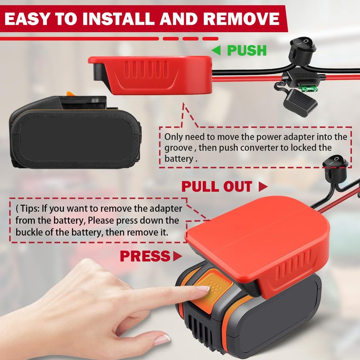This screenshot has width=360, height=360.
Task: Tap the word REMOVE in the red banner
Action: click(241, 18)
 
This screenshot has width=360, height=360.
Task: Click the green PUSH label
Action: click(247, 50)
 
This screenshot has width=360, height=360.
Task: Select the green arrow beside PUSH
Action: click(216, 50)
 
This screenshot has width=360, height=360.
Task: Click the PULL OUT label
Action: click(217, 186)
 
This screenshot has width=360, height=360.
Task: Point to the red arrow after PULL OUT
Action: click(263, 186)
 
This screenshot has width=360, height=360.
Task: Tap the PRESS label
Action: click(145, 256)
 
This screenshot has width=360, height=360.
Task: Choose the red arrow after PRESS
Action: click(177, 256)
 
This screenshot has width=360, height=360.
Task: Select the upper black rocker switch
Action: click(302, 49)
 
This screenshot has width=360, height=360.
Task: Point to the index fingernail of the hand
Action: click(203, 289)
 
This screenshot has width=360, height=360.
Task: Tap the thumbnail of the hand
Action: click(162, 340)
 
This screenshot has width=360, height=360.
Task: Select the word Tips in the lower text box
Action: click(30, 209)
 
